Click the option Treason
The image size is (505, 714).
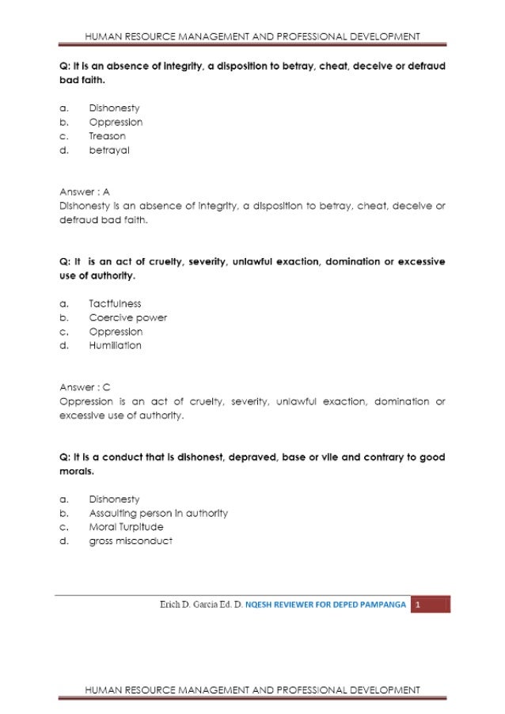click(x=107, y=136)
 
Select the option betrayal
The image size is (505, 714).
click(x=109, y=150)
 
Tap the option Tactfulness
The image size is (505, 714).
click(x=115, y=303)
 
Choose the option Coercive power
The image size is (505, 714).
click(x=127, y=317)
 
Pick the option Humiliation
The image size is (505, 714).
click(x=115, y=345)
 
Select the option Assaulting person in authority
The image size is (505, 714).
click(x=158, y=513)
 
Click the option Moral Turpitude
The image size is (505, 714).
click(x=126, y=527)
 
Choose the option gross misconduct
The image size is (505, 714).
click(x=130, y=541)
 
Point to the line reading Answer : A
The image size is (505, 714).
click(x=85, y=192)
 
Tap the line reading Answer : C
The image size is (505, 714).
click(x=85, y=387)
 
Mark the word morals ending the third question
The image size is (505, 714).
click(x=76, y=471)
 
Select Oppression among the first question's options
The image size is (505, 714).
click(x=116, y=122)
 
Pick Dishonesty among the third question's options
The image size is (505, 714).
click(x=115, y=499)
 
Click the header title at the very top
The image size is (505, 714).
click(x=252, y=36)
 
